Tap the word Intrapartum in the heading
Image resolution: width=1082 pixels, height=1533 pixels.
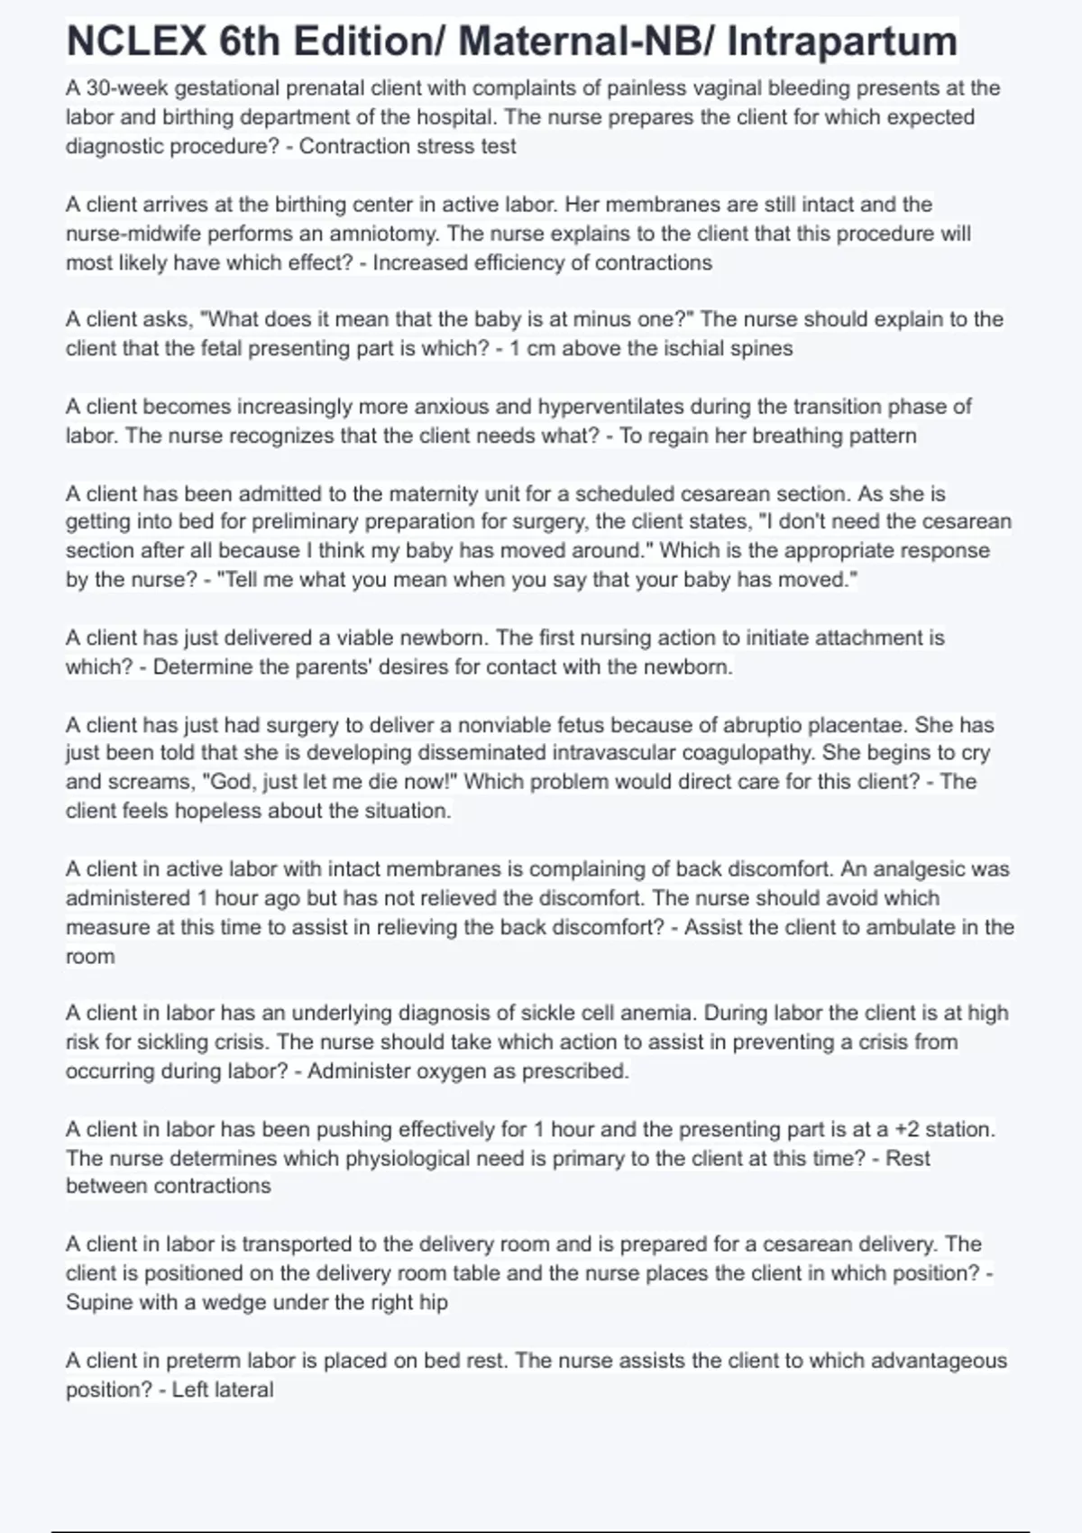[841, 41]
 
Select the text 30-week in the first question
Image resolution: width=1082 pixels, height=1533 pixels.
[126, 88]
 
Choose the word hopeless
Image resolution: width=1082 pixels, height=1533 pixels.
[215, 811]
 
